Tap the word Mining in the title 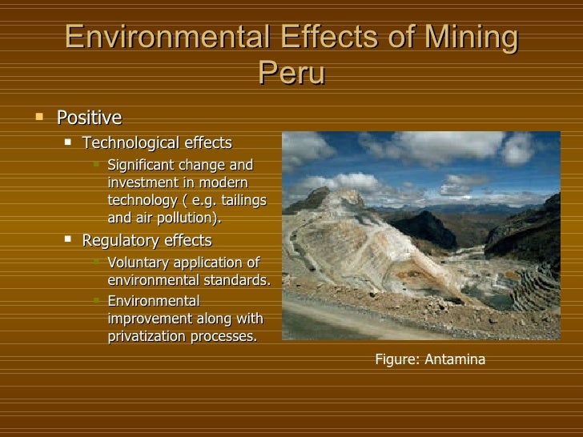coord(467,38)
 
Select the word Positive coord(89,118)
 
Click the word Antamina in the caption coord(455,359)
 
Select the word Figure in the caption coord(396,359)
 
